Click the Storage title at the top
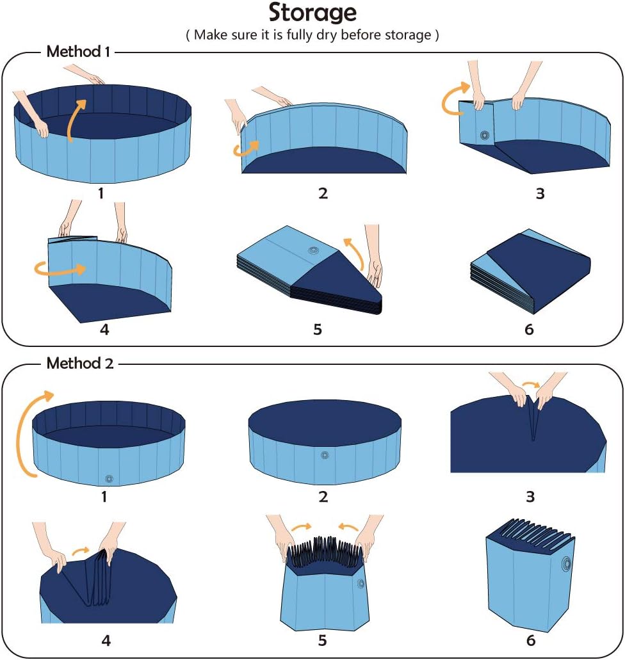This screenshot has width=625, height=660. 312,13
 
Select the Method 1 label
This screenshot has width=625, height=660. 74,52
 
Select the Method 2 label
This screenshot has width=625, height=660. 80,364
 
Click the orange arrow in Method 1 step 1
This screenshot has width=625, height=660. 76,119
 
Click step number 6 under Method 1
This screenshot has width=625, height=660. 528,330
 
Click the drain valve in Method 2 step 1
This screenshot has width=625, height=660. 109,479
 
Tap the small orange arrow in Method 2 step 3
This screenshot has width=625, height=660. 531,385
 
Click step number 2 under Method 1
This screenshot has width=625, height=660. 323,193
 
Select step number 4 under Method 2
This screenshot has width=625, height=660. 106,640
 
